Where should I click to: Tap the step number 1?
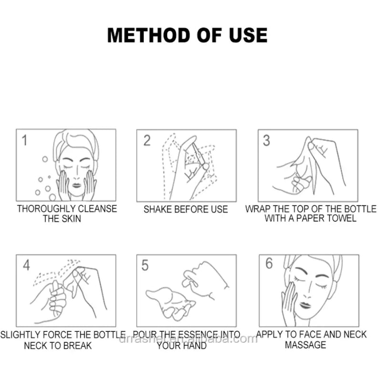tap(24, 140)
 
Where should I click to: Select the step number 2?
tap(147, 140)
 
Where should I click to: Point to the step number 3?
tap(266, 140)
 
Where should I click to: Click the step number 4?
tap(26, 265)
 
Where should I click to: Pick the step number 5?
tap(145, 265)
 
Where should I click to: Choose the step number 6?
tap(269, 264)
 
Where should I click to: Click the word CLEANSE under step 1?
tap(97, 209)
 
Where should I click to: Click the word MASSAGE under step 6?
tap(306, 345)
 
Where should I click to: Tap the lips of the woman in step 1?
tap(76, 185)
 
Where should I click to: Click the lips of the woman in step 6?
tap(305, 305)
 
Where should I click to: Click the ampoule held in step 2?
tap(199, 156)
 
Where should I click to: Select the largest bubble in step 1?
tap(52, 197)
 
